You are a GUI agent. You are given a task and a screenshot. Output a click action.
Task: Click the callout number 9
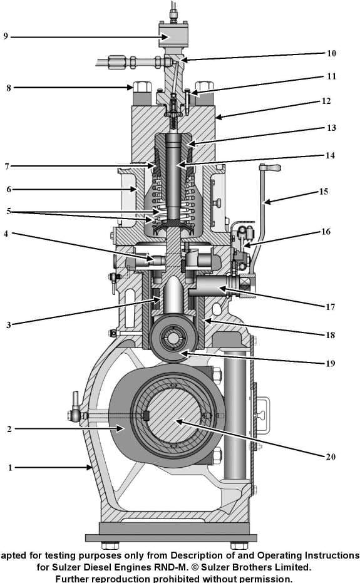click(x=6, y=36)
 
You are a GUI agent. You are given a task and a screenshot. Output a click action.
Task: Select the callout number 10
click(x=332, y=53)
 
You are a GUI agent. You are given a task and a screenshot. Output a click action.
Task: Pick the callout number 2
click(x=9, y=429)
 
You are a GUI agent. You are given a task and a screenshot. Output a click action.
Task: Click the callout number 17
click(x=330, y=307)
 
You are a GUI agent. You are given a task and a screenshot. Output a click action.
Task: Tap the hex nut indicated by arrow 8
click(x=140, y=87)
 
